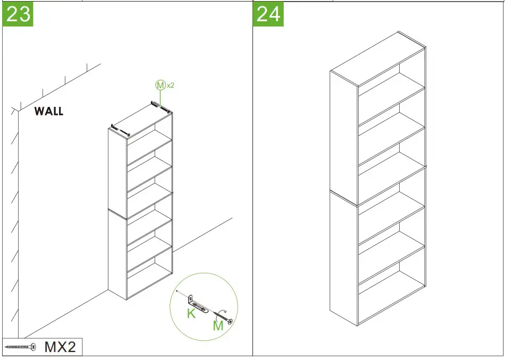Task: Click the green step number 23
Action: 18,14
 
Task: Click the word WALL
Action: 49,112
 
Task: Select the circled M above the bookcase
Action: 160,85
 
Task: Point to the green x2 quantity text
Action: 170,85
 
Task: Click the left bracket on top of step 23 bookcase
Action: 120,129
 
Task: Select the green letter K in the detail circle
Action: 191,314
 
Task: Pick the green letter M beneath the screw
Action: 218,325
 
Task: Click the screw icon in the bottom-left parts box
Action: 20,347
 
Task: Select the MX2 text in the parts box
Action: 60,347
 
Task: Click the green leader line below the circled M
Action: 160,96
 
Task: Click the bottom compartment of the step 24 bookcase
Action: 392,295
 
